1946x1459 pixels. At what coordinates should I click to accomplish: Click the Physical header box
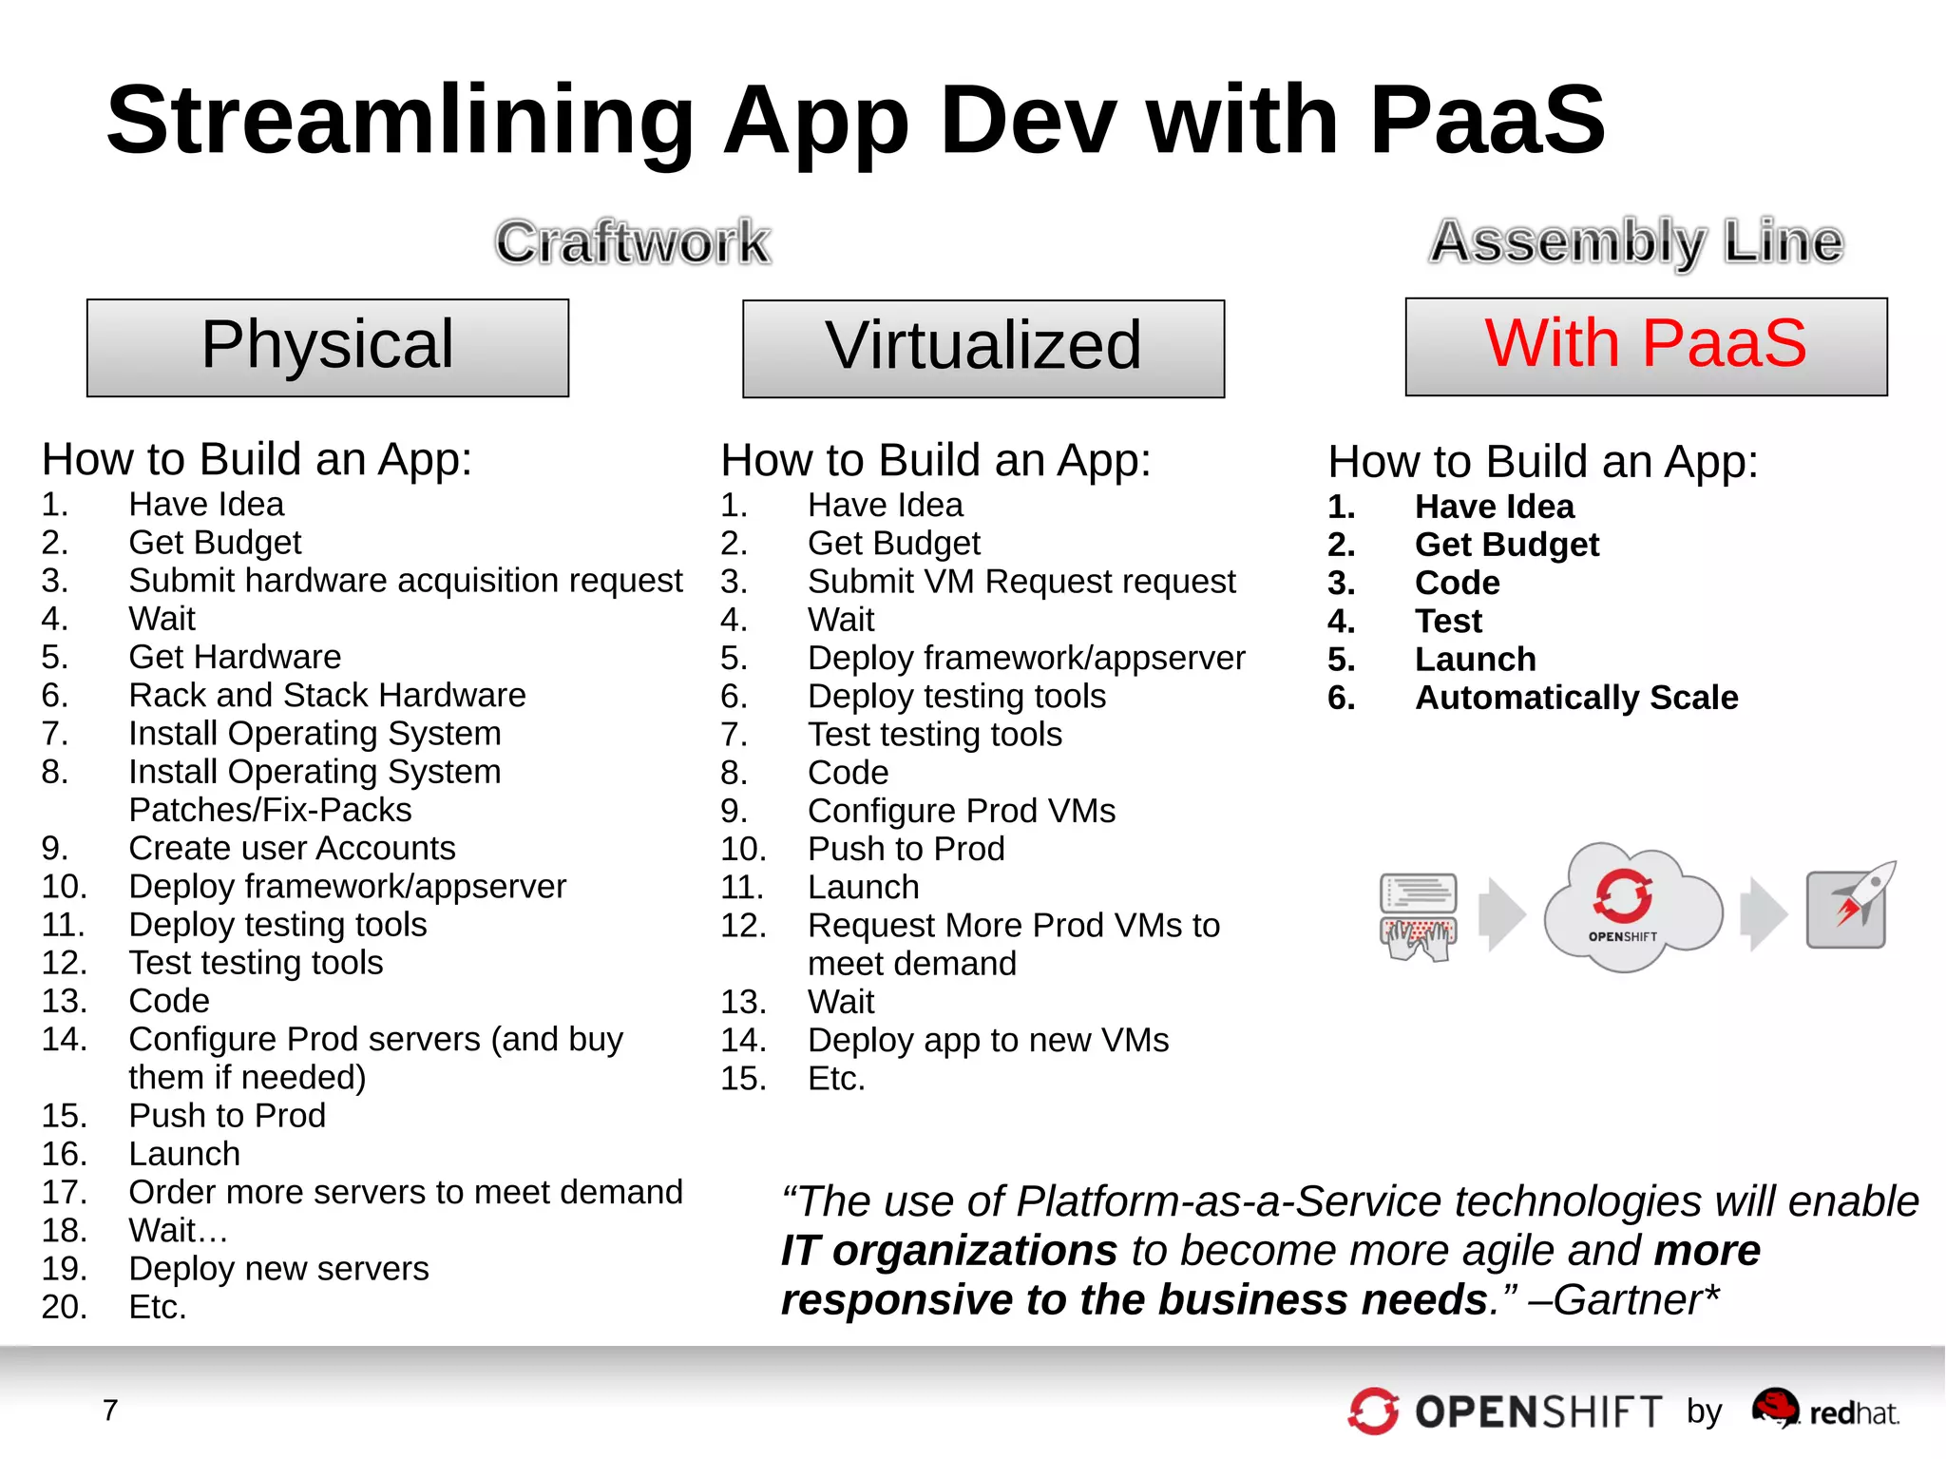click(328, 347)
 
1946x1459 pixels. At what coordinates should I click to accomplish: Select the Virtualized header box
click(983, 348)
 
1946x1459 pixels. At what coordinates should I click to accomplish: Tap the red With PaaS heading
click(1646, 344)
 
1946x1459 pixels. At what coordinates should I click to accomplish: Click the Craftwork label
click(633, 242)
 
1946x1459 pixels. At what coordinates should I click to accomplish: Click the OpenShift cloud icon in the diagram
click(1628, 908)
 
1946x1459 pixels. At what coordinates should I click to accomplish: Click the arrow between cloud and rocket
click(1764, 913)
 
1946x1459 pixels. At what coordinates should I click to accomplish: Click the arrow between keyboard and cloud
click(1502, 913)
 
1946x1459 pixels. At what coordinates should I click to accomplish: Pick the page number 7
click(110, 1411)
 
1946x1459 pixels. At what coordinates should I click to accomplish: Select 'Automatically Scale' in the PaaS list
click(1576, 698)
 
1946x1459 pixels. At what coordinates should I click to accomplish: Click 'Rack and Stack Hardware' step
click(327, 696)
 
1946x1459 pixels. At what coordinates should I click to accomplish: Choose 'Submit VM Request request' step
click(1021, 582)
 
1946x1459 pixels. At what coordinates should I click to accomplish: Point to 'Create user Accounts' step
click(292, 848)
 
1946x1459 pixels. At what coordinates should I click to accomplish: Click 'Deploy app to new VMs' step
click(988, 1041)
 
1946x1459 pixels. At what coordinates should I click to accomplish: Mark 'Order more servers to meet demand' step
click(406, 1192)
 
